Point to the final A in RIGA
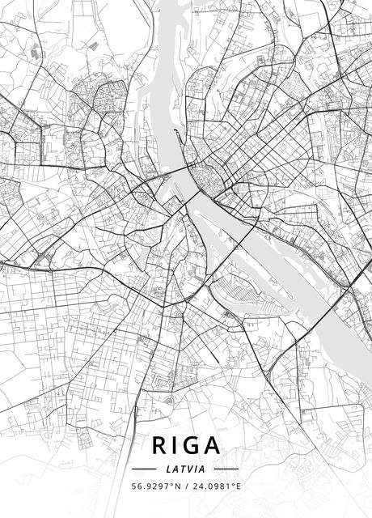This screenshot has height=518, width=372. pos(213,446)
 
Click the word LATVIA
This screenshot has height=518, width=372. pos(186,469)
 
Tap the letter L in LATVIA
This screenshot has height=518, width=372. pos(168,469)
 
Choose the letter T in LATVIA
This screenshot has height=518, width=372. pos(184,469)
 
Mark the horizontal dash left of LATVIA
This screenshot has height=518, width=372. pos(143,469)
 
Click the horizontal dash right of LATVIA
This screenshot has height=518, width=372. pos(227,469)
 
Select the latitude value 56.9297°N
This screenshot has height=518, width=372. pos(155,486)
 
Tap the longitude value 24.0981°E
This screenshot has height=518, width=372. pos(217,486)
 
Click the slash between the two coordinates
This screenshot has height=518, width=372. pos(186,486)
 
